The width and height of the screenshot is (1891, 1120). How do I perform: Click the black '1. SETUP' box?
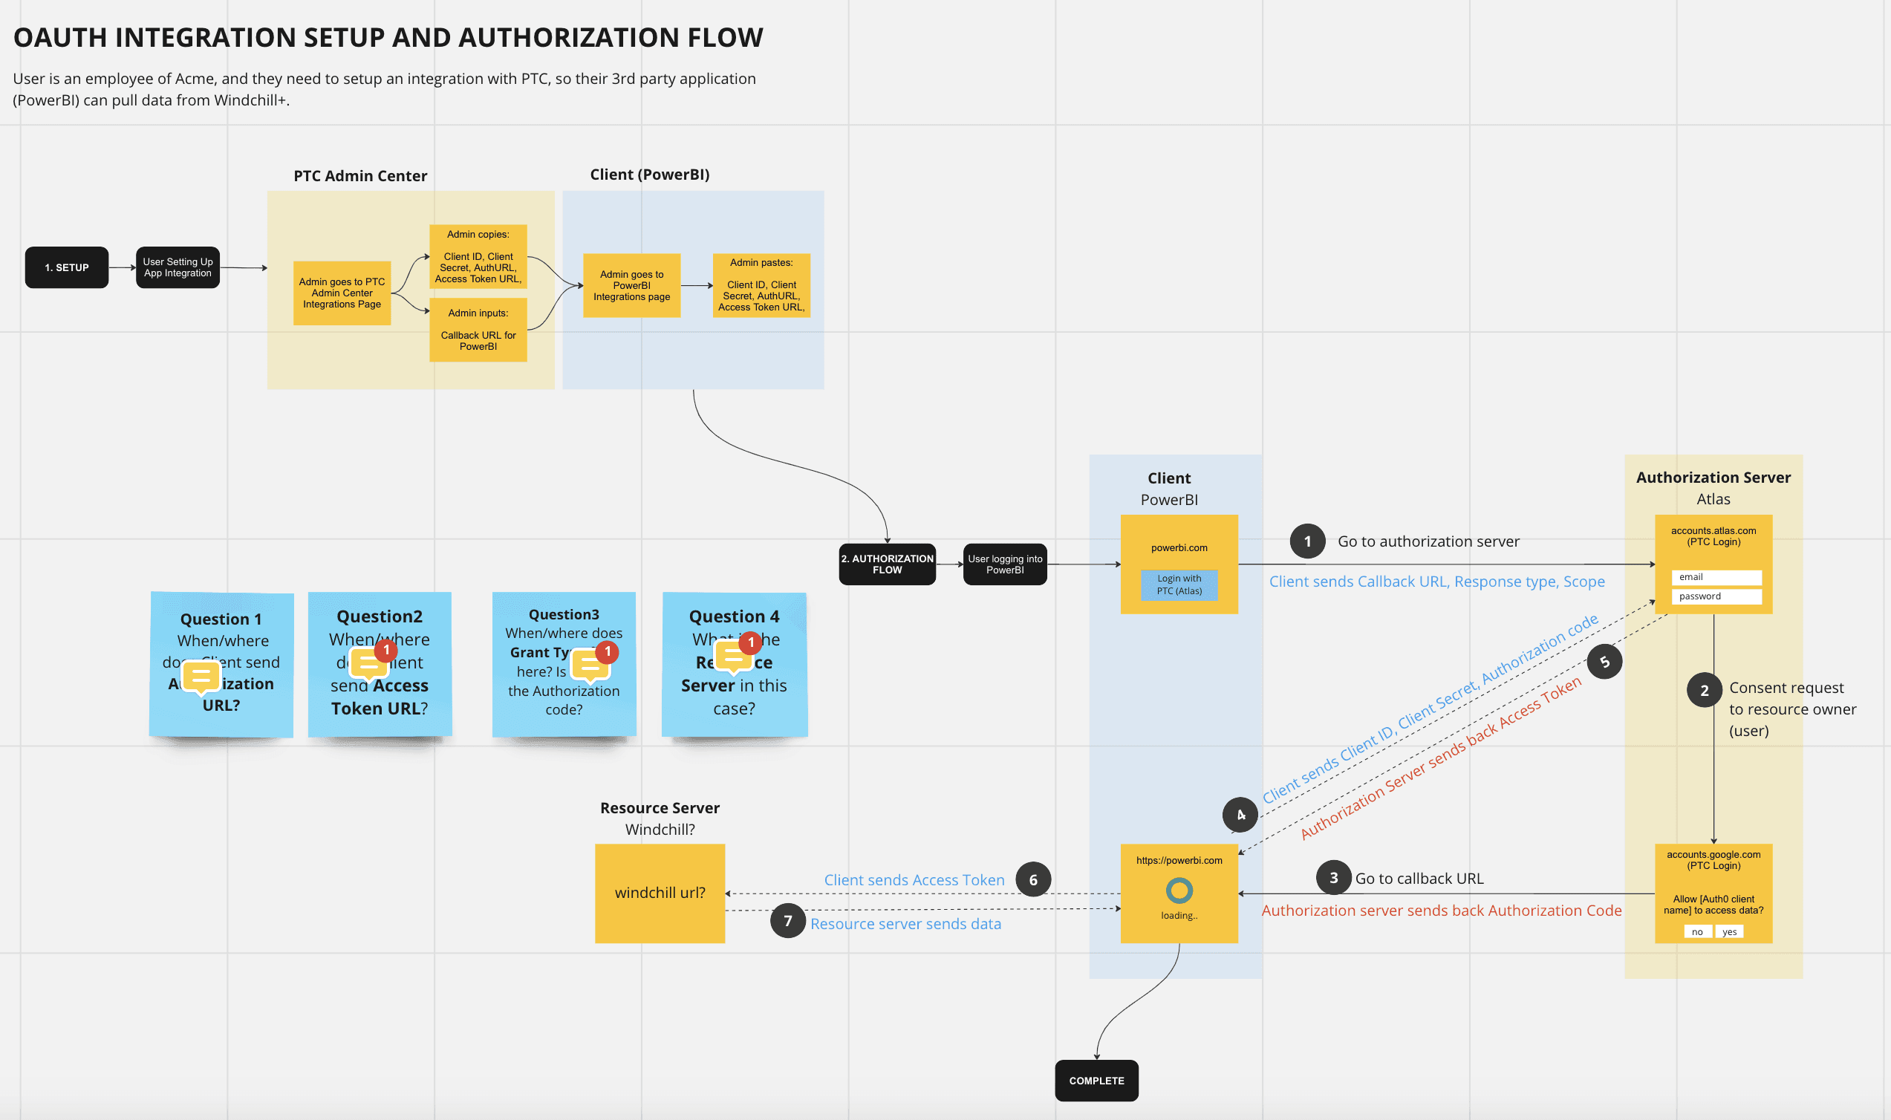pos(66,267)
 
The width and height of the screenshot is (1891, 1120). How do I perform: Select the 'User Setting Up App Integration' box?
pos(178,267)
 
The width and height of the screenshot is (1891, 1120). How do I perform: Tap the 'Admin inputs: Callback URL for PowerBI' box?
pos(478,330)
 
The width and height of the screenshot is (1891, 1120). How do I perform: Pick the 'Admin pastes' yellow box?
pos(761,285)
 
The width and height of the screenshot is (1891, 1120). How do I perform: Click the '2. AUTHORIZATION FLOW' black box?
pos(887,564)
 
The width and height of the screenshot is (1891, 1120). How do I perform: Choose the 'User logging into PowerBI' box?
pos(1004,564)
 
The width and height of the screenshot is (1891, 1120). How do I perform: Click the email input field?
pos(1716,577)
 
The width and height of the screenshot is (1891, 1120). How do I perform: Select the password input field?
pos(1716,596)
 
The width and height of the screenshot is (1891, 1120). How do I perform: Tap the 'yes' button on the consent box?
pos(1729,932)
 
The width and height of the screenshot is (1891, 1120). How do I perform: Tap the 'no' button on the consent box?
pos(1696,932)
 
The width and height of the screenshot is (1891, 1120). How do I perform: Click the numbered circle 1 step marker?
pos(1307,541)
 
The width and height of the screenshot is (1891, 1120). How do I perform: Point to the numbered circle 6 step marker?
pos(1032,879)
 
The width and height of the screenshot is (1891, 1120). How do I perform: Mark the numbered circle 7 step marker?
pos(787,921)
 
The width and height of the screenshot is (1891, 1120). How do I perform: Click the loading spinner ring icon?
pos(1179,891)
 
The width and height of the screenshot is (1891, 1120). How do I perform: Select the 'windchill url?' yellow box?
pos(660,893)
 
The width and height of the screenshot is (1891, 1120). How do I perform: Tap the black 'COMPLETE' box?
pos(1096,1080)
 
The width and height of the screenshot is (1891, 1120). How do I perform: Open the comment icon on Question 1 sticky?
pos(201,676)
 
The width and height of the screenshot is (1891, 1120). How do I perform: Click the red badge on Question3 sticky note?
pos(607,651)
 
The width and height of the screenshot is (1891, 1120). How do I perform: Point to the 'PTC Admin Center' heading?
pos(360,176)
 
